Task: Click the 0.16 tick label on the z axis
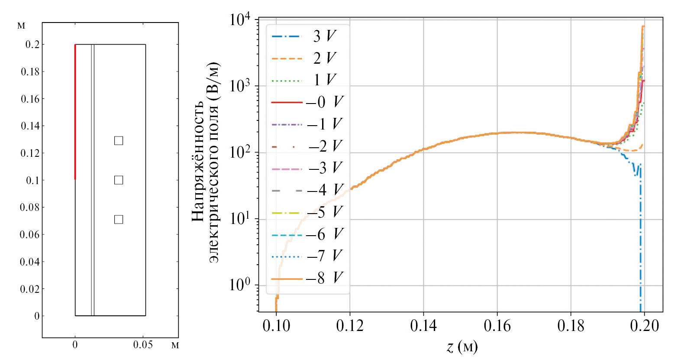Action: pos(497,325)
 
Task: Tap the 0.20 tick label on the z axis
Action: pos(644,325)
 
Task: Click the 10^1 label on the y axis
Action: pos(240,219)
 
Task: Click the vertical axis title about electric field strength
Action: pos(206,163)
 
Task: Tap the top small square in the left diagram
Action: pos(119,141)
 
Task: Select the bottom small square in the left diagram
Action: pos(119,220)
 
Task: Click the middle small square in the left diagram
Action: pos(119,180)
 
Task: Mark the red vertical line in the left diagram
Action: pos(75,112)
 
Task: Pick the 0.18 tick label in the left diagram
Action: pos(30,72)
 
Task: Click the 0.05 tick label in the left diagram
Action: pos(143,345)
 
